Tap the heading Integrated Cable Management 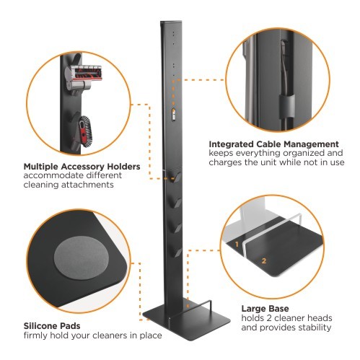click(274, 144)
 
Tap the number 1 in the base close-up click(236, 245)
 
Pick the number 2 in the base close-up click(264, 260)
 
